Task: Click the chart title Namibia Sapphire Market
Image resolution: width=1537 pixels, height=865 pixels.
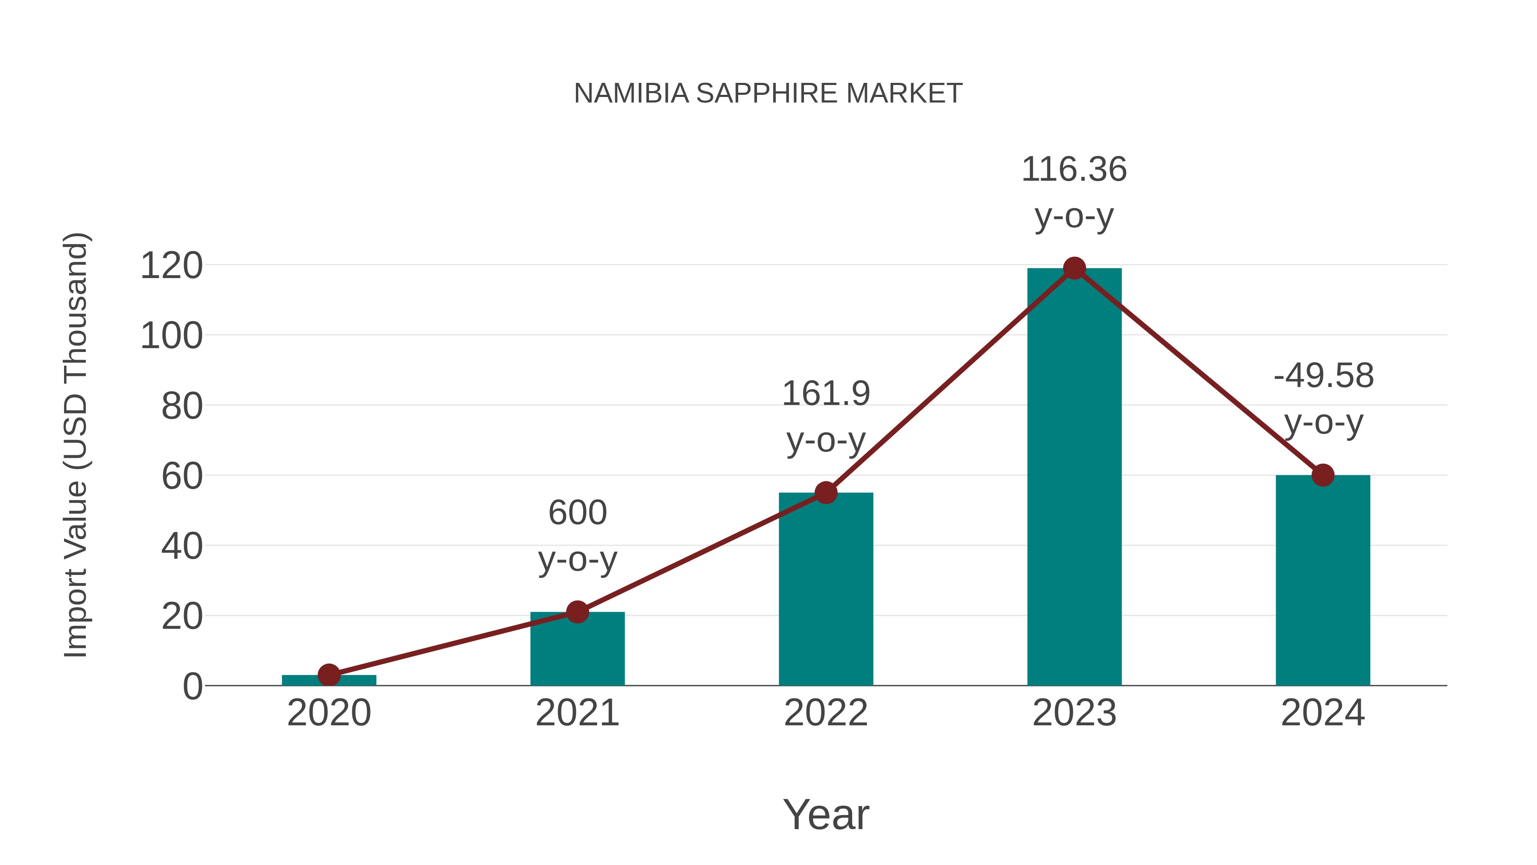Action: coord(768,94)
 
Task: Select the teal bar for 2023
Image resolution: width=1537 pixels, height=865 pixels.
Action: coord(1074,478)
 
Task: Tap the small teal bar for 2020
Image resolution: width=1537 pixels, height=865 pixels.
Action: coord(329,680)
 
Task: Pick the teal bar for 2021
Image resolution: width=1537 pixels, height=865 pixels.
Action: coord(577,651)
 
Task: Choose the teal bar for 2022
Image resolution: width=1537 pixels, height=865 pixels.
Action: coord(826,591)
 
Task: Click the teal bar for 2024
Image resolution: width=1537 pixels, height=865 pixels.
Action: coord(1323,582)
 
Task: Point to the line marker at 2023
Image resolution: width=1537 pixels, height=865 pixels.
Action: coord(1074,269)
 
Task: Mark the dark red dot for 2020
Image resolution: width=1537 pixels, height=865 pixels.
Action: coord(329,675)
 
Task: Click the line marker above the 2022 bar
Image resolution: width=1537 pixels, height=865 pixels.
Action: coord(826,493)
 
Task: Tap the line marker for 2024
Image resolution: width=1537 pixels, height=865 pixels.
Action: coord(1323,475)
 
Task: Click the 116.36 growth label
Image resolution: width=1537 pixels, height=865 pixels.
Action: coord(1074,170)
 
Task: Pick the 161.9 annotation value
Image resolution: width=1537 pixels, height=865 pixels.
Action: coord(826,394)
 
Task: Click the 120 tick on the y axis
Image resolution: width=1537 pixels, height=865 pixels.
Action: coord(172,266)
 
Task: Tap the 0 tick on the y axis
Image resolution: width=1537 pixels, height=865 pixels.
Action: coord(192,686)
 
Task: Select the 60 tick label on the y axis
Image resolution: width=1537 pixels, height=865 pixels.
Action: coord(182,477)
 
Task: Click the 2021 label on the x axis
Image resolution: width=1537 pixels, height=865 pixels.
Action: coord(577,713)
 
